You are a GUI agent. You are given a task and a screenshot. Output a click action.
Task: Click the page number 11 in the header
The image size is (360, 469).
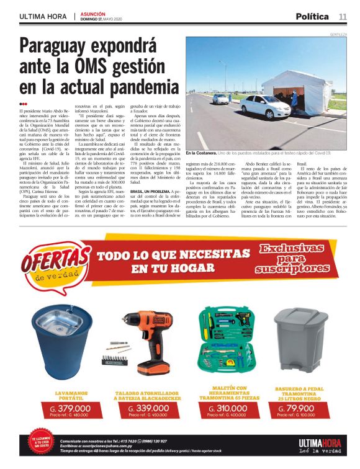click(343, 16)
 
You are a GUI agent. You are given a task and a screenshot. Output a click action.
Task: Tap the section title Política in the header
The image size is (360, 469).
click(312, 16)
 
